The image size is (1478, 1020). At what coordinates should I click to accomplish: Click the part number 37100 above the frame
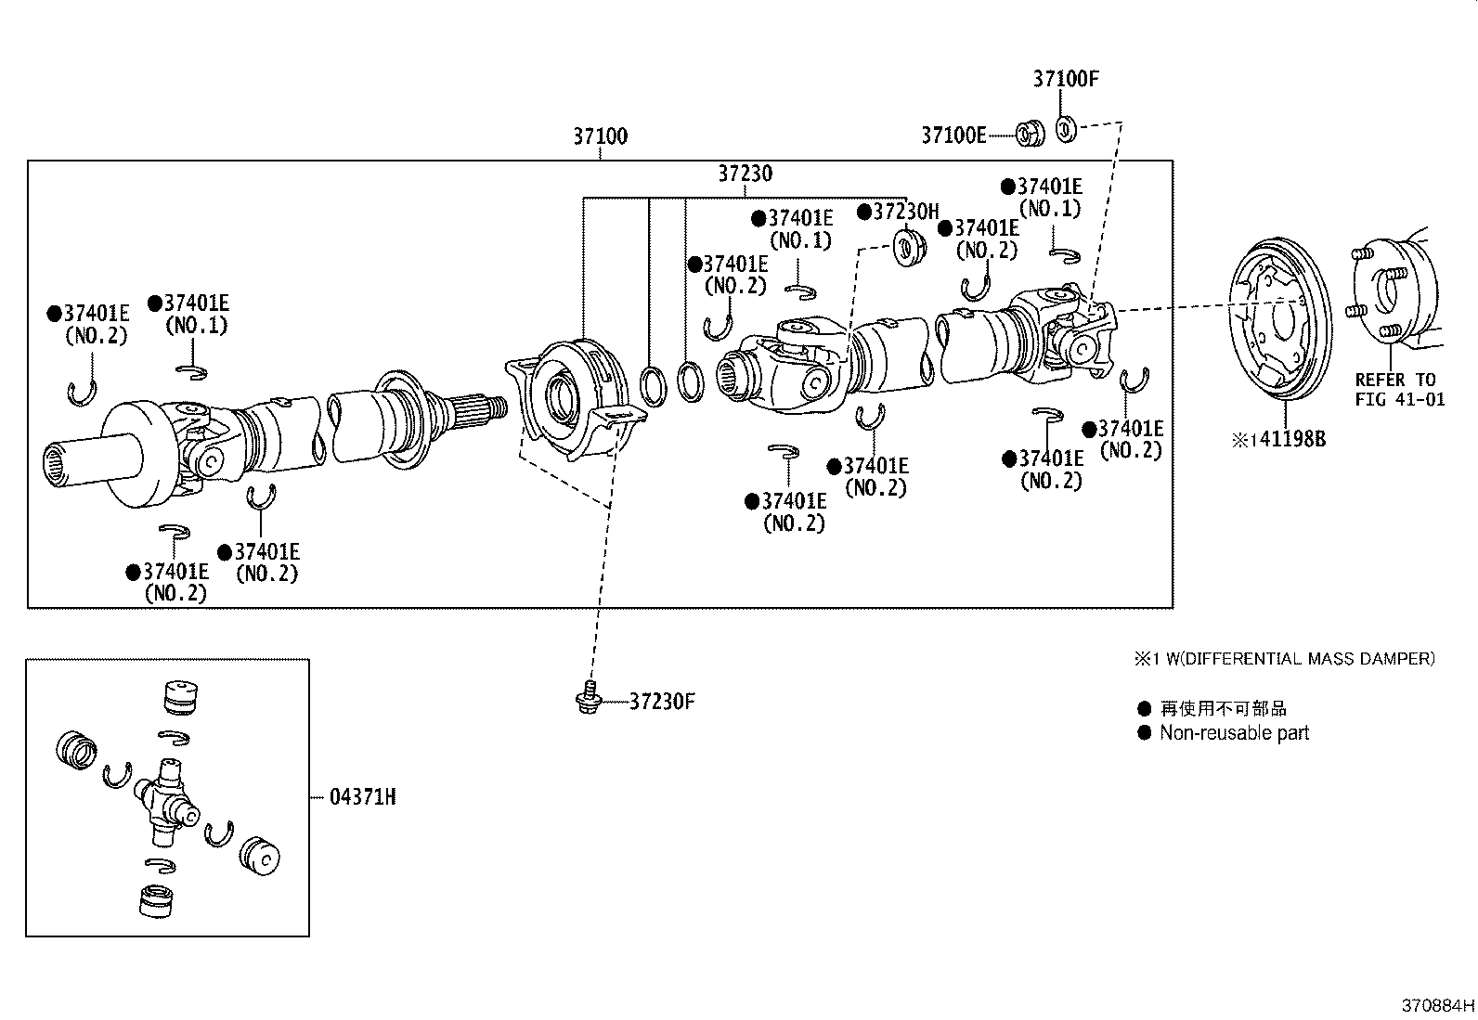[599, 136]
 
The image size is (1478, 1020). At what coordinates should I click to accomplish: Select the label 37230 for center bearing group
[744, 174]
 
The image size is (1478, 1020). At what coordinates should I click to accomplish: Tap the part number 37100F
[1065, 79]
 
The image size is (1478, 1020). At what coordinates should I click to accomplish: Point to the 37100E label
[953, 136]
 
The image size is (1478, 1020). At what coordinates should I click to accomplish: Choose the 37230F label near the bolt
[661, 701]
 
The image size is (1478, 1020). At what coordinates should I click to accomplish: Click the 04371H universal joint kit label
[362, 796]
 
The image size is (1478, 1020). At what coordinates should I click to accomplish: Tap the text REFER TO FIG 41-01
[1394, 390]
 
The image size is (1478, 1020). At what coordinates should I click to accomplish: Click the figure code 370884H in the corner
[1437, 1005]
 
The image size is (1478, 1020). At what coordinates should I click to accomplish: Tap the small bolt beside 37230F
[586, 699]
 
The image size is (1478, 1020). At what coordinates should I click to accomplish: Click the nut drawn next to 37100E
[1029, 134]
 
